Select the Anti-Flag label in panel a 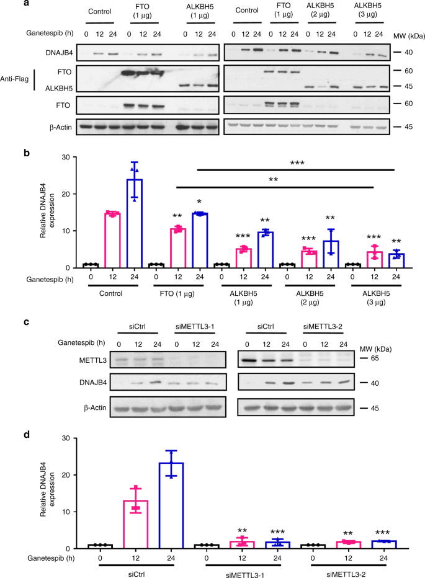pos(19,81)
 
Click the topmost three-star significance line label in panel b pos(295,162)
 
